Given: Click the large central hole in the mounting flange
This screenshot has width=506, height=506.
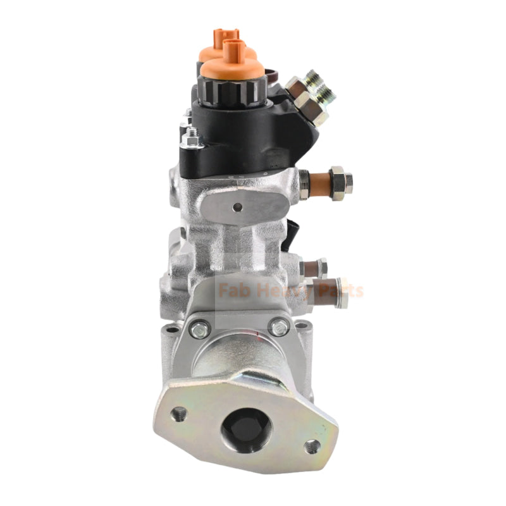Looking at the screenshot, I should pos(246,428).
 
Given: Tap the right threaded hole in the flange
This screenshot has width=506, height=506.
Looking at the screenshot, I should pos(312,446).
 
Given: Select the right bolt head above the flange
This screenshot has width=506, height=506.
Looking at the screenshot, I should pos(279,326).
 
